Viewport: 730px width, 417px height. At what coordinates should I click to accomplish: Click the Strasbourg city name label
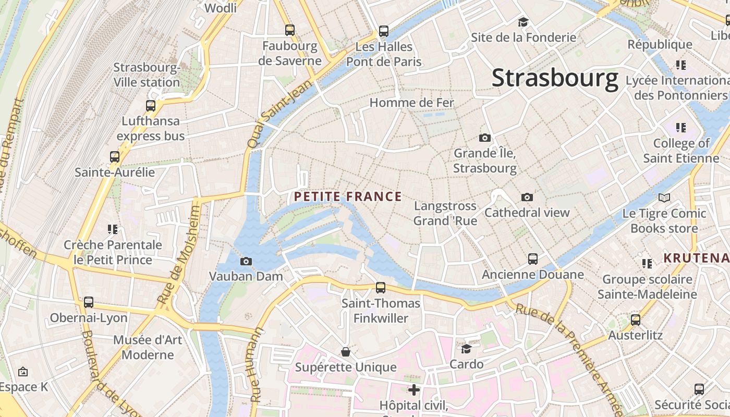[555, 78]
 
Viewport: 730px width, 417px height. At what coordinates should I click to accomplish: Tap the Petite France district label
[348, 197]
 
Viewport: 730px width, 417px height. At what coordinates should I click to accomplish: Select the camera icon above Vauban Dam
[246, 261]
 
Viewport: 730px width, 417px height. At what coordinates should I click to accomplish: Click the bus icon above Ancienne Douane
[532, 259]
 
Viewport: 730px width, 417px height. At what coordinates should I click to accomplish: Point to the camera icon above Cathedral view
[527, 197]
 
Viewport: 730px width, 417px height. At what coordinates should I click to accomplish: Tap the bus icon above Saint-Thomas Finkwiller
[381, 287]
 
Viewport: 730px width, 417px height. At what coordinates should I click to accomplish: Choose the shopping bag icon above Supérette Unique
[345, 352]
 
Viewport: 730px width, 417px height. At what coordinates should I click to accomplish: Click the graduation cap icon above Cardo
[466, 348]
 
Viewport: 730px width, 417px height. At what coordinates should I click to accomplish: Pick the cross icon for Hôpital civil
[414, 389]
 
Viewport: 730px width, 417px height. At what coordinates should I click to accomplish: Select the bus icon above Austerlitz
[635, 320]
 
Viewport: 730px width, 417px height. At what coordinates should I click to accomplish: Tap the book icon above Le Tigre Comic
[664, 198]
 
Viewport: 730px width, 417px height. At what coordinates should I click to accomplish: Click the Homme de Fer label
[412, 103]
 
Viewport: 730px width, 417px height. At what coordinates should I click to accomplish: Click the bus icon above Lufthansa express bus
[151, 106]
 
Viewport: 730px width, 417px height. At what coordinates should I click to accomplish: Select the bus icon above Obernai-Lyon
[89, 302]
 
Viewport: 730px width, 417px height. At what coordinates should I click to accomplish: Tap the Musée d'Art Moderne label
[148, 347]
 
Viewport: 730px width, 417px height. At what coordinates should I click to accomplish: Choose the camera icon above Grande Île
[485, 138]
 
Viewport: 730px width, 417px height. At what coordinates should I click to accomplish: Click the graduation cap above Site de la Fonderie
[523, 22]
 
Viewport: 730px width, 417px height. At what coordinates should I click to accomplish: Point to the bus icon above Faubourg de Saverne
[290, 30]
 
